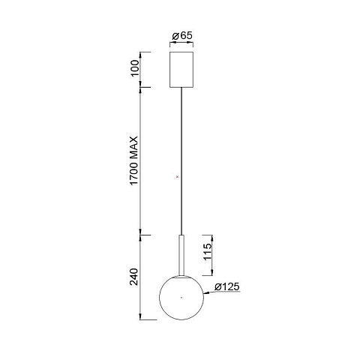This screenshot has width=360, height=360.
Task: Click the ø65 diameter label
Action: point(182,36)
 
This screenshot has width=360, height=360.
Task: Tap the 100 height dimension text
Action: point(134,68)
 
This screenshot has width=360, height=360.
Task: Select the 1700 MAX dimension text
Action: point(134,160)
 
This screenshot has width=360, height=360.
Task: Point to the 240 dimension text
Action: point(134,277)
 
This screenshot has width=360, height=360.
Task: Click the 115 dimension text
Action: point(208,252)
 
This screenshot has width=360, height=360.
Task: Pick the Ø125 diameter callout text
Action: point(227,286)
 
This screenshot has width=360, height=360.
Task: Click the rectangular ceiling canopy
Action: point(181,70)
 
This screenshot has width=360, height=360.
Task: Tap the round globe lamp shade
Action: point(181,298)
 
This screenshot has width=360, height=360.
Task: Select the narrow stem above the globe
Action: point(181,255)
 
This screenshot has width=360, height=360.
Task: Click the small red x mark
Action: point(178,177)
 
